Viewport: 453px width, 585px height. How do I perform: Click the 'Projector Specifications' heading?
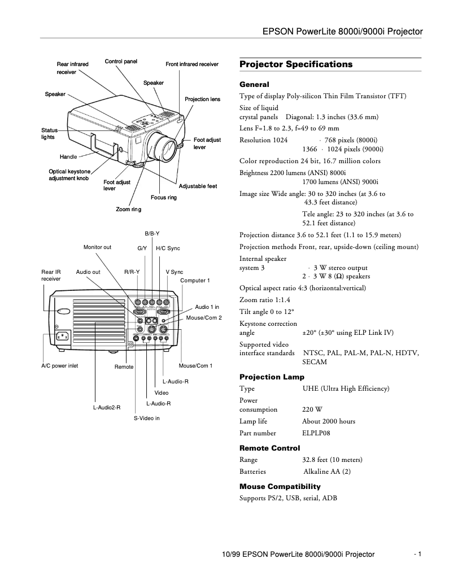[x=295, y=64]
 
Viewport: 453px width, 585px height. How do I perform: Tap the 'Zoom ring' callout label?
[x=128, y=209]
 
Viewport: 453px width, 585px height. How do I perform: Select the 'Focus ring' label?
[x=164, y=198]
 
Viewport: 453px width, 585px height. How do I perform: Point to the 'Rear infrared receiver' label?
[x=72, y=68]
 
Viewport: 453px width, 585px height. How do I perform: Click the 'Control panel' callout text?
[x=121, y=61]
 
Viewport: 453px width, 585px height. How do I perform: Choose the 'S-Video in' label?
[x=146, y=418]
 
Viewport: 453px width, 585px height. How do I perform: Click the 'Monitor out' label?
[x=97, y=247]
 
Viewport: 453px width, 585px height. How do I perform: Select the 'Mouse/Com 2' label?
[x=204, y=318]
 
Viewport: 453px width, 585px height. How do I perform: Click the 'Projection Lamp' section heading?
[x=272, y=377]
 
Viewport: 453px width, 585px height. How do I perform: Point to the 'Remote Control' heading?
[x=269, y=448]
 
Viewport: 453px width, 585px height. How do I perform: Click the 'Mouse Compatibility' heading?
[x=280, y=486]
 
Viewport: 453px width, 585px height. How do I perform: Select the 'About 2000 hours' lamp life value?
[x=328, y=421]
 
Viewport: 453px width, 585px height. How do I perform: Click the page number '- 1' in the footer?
[x=418, y=555]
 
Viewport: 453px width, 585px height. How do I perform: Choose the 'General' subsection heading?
[x=254, y=85]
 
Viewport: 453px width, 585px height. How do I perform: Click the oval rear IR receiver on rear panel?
[x=63, y=311]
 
